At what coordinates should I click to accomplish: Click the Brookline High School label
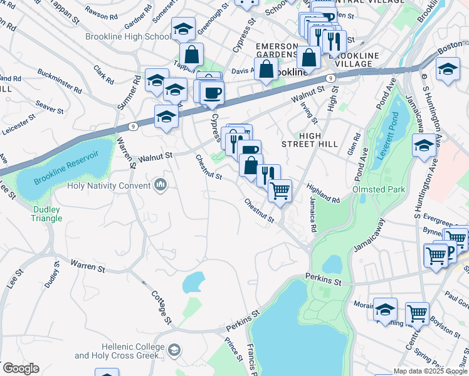pyautogui.click(x=128, y=36)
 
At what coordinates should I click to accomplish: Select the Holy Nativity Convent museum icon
pyautogui.click(x=160, y=185)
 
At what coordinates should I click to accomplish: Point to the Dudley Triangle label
pyautogui.click(x=47, y=214)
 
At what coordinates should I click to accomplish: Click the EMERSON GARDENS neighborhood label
pyautogui.click(x=276, y=50)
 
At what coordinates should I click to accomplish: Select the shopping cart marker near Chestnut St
pyautogui.click(x=280, y=190)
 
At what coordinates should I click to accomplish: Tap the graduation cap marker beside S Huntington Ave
pyautogui.click(x=424, y=147)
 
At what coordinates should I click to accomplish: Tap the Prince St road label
pyautogui.click(x=233, y=349)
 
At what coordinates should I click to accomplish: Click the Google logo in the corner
pyautogui.click(x=20, y=368)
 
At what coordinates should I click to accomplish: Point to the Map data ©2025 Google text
pyautogui.click(x=429, y=371)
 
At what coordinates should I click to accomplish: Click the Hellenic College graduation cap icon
pyautogui.click(x=175, y=350)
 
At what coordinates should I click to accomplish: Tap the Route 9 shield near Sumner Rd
pyautogui.click(x=133, y=126)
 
